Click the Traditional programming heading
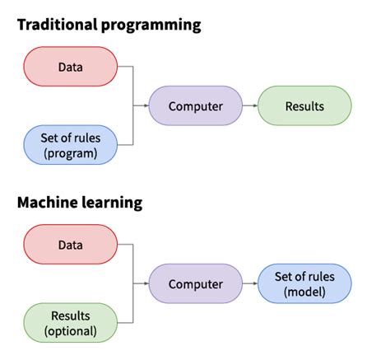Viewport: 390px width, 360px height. tap(109, 25)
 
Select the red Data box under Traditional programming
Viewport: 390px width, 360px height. tap(70, 67)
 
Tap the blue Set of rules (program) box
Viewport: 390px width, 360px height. tap(70, 144)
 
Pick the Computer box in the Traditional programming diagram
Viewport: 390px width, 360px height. tap(196, 106)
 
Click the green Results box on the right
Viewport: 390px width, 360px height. tap(304, 106)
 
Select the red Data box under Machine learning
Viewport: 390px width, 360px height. tap(70, 245)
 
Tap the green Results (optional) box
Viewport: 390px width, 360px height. tap(70, 323)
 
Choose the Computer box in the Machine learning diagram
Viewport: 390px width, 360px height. tap(196, 284)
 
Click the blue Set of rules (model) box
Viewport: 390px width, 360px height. tap(304, 284)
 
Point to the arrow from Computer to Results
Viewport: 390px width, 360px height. tap(250, 106)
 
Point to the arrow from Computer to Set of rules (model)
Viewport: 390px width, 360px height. tap(250, 284)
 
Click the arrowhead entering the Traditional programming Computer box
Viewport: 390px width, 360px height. tap(145, 106)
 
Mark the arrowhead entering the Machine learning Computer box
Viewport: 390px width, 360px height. tap(145, 284)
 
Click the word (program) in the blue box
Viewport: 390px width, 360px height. tap(70, 152)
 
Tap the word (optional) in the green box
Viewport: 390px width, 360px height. tap(70, 331)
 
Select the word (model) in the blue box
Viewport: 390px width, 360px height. tap(304, 292)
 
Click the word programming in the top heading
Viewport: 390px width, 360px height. tap(152, 25)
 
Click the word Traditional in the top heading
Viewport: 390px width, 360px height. tap(57, 25)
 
